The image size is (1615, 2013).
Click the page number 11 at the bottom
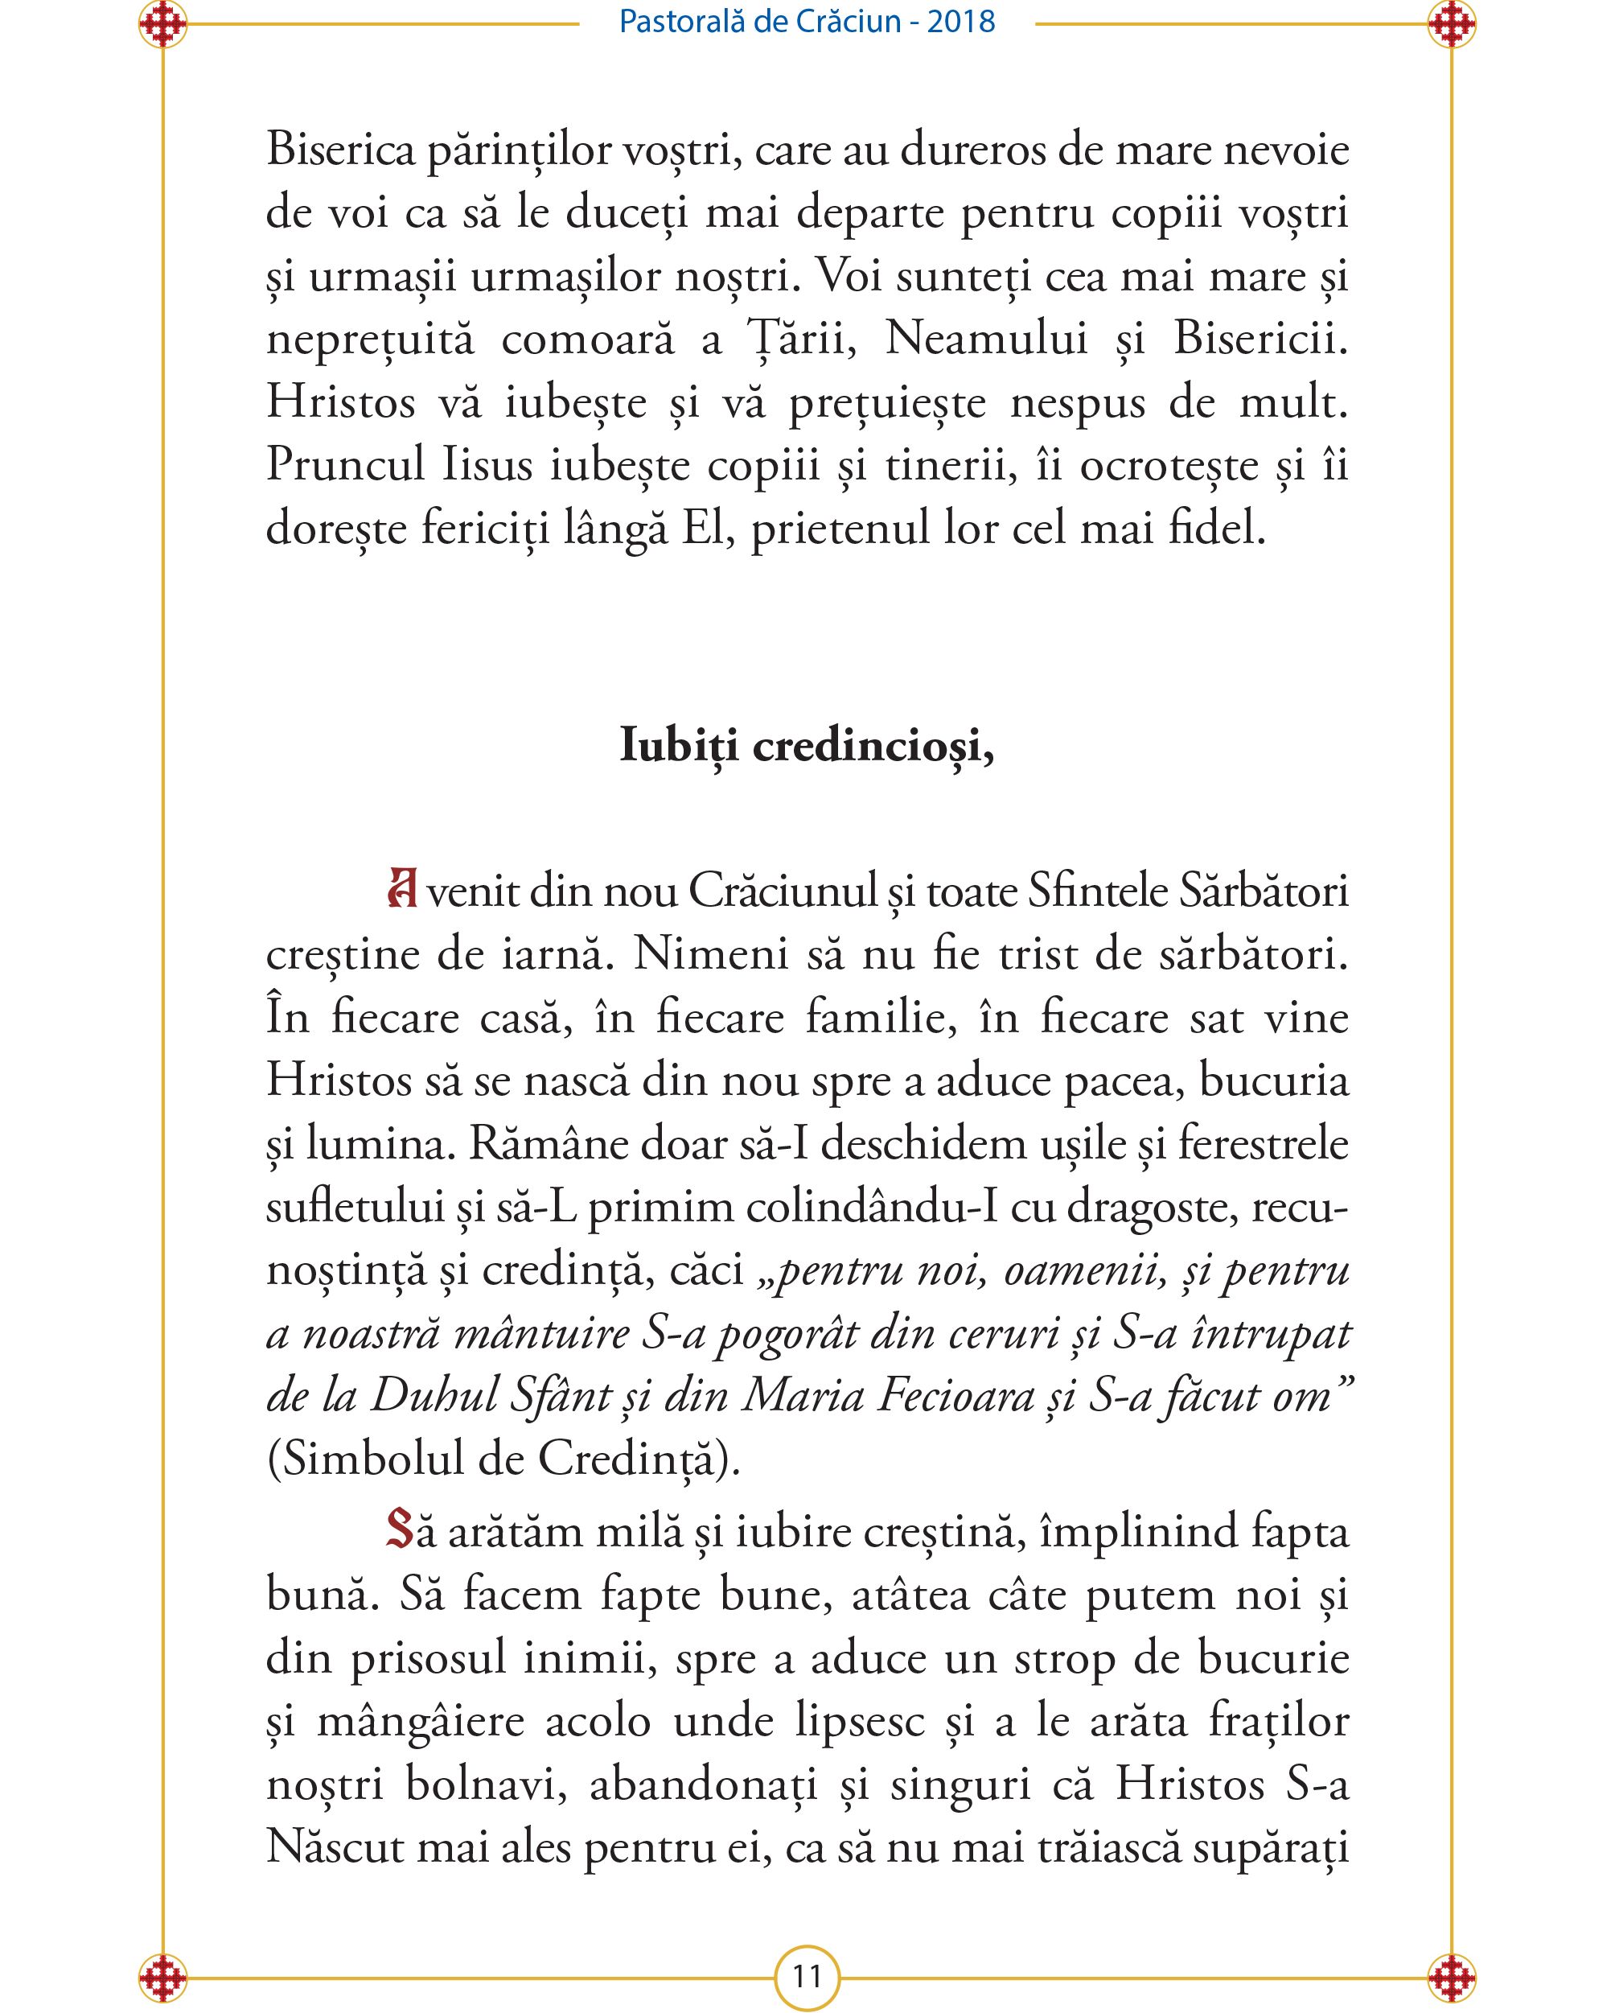coord(807,1977)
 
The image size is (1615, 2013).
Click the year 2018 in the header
coord(960,22)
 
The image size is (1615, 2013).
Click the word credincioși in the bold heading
coord(873,745)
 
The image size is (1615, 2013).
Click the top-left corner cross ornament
coord(162,24)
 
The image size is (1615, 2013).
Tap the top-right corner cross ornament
coord(1451,24)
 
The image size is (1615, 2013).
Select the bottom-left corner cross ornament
coord(162,1978)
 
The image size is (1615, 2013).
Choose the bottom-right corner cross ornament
coord(1451,1978)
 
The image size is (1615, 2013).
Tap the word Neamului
coord(986,338)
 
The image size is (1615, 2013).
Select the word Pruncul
coord(345,464)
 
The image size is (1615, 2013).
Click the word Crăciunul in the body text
coord(784,891)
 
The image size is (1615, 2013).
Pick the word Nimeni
coord(710,954)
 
